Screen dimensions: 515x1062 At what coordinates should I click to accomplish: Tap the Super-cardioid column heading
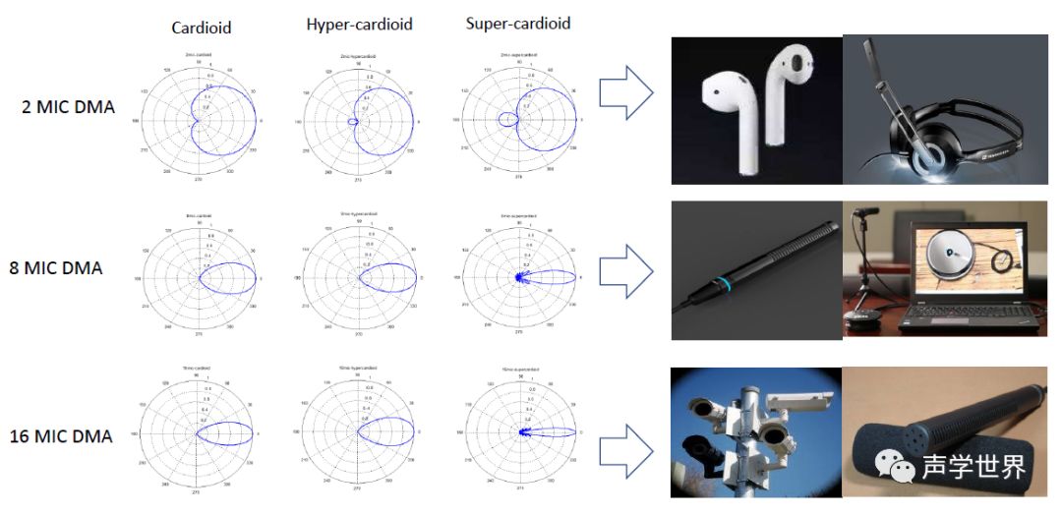coord(517,23)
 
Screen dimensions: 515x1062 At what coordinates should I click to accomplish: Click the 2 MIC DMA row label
coord(68,107)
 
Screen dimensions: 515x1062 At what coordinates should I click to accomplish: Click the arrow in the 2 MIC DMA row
coord(626,95)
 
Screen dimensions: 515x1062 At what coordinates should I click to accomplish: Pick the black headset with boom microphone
coord(934,123)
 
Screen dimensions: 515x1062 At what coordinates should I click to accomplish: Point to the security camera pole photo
coord(755,430)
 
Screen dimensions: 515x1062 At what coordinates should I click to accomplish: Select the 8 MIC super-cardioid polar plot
coord(518,278)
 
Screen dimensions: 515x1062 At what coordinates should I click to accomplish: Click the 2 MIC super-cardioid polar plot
coord(518,119)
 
